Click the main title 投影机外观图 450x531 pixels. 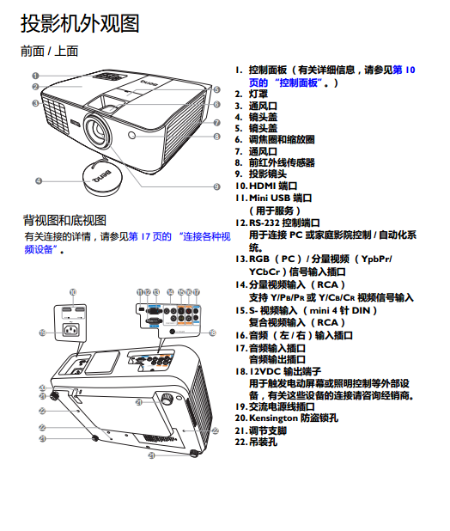[80, 23]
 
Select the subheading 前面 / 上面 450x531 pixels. [50, 52]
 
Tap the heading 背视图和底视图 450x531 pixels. [64, 220]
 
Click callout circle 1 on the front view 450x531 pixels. [35, 76]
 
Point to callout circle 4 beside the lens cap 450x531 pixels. [39, 180]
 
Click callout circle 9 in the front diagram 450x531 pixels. [217, 186]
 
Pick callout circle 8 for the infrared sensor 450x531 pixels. [217, 137]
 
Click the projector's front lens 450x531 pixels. [98, 130]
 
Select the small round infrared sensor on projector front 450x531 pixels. [131, 136]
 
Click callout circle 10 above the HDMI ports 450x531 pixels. [73, 292]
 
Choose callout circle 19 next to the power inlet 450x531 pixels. [42, 333]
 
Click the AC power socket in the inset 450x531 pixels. [71, 330]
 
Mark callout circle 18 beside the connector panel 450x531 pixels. [212, 333]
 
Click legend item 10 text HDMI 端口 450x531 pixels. [273, 186]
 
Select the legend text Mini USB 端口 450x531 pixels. [280, 198]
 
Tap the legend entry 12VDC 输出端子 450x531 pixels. [285, 371]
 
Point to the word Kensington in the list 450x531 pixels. [273, 418]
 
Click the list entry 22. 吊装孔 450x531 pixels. [256, 442]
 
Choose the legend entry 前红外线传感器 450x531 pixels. [282, 162]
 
